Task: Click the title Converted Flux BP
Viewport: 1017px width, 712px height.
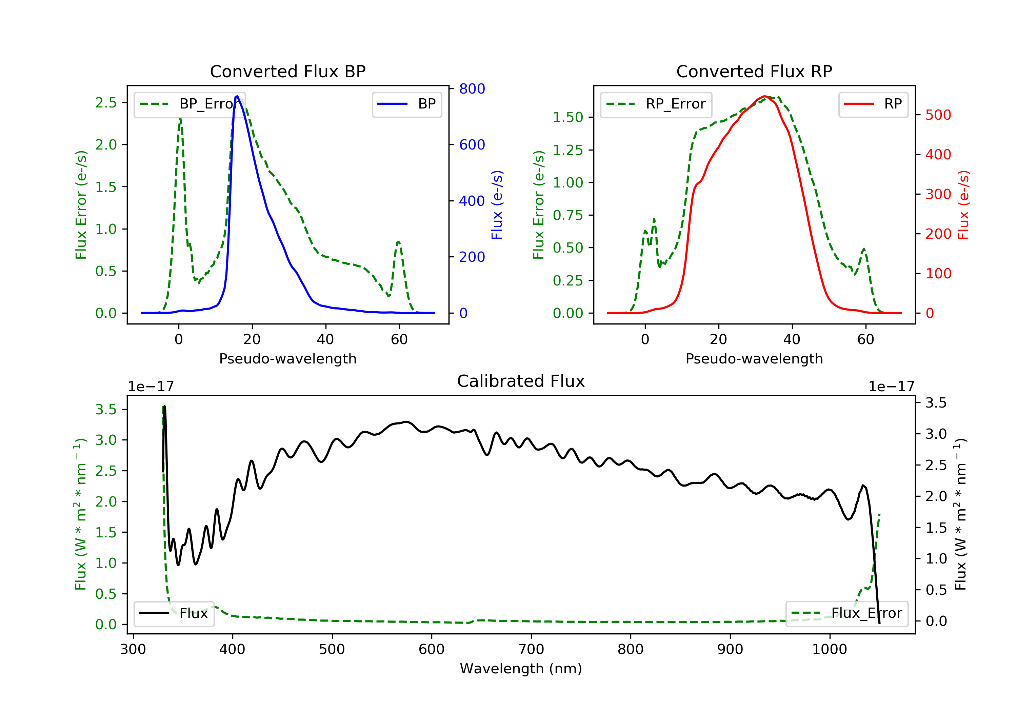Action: [x=287, y=71]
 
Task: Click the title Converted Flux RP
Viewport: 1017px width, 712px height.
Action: [x=754, y=71]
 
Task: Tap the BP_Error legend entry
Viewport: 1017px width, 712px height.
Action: [x=190, y=104]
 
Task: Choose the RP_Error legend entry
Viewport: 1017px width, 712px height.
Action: [x=656, y=104]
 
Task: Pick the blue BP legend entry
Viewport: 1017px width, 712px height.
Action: [x=406, y=104]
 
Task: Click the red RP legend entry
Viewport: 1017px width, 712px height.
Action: [x=873, y=104]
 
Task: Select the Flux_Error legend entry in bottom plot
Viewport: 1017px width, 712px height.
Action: [x=846, y=613]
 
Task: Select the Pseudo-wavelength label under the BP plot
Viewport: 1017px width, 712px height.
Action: [x=287, y=358]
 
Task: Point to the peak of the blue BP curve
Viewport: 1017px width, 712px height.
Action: [x=237, y=96]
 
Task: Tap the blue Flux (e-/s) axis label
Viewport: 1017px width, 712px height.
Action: [x=497, y=205]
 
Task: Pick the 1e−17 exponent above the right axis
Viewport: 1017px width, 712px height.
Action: [x=891, y=387]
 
